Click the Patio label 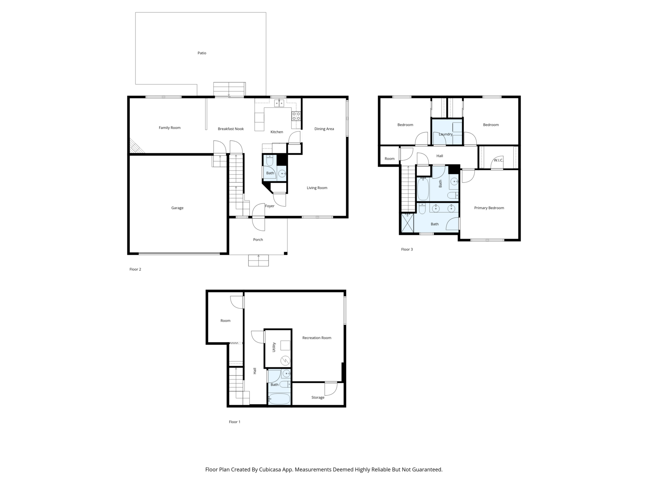(202, 53)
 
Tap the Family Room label (170, 128)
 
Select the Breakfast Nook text (231, 129)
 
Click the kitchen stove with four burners (296, 116)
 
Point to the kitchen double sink (279, 103)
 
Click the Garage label (177, 208)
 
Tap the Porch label (258, 240)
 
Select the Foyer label (270, 206)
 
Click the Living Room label (317, 188)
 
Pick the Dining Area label (324, 129)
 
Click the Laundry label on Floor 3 (446, 134)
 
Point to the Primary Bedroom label (489, 208)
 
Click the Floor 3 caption (407, 249)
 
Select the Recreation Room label (317, 338)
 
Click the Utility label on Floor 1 (274, 347)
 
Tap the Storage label (318, 397)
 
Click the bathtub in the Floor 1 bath (279, 399)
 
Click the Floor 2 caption (135, 269)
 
